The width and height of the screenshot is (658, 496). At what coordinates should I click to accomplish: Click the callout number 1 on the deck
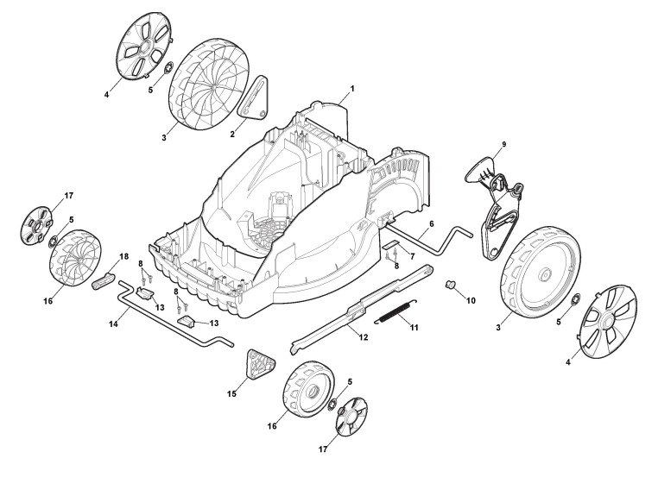tap(352, 90)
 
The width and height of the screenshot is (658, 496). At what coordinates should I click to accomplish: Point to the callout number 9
tap(504, 144)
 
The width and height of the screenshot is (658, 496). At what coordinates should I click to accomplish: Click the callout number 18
tap(123, 257)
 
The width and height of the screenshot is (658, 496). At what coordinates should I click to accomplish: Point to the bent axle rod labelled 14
tap(173, 323)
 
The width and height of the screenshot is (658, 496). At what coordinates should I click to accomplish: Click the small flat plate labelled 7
tap(393, 248)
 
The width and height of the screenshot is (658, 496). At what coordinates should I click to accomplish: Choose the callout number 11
tap(414, 328)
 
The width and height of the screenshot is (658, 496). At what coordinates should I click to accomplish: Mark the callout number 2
tap(232, 134)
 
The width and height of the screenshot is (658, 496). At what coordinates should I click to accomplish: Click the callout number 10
tap(471, 300)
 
